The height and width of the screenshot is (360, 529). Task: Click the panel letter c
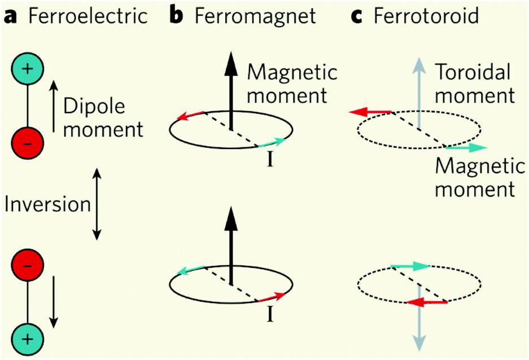[x=356, y=16]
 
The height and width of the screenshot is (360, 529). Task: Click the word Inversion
[x=47, y=204]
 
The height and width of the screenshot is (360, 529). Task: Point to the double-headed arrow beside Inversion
[x=97, y=203]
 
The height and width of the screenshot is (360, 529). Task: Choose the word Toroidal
[x=473, y=72]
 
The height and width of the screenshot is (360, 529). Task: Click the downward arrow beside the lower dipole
[x=54, y=302]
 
